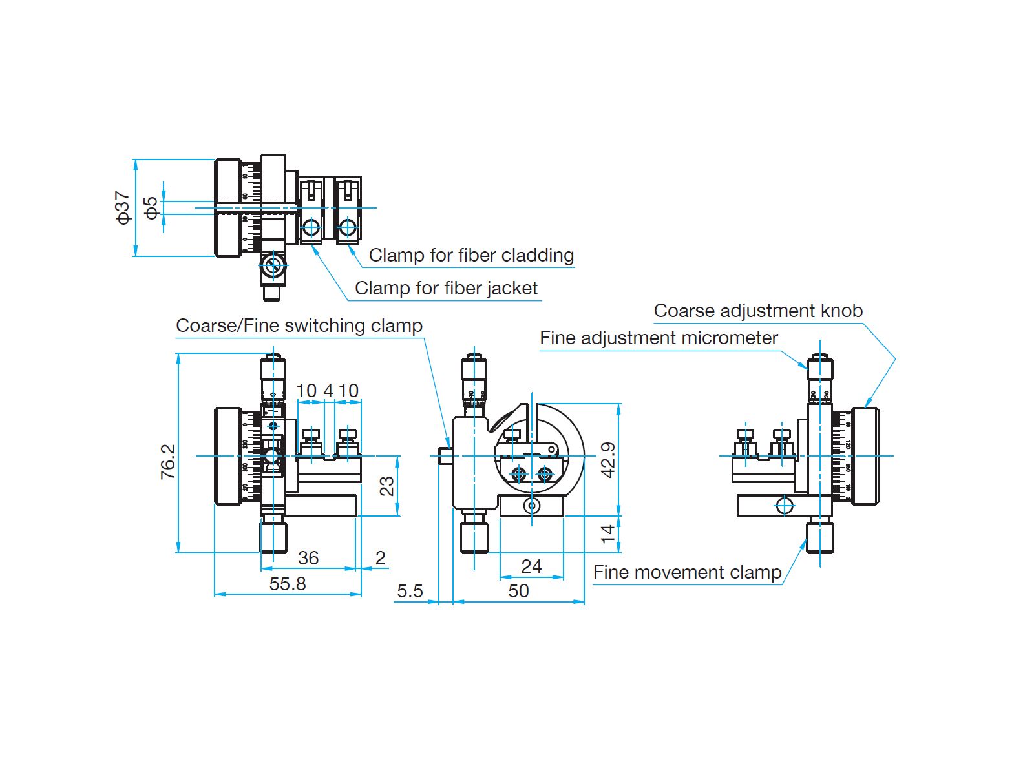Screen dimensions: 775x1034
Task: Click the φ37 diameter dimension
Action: (x=123, y=207)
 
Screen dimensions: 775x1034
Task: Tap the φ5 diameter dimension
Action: (x=151, y=207)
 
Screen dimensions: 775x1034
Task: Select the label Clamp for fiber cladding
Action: (x=471, y=255)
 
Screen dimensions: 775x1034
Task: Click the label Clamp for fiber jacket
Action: (x=446, y=288)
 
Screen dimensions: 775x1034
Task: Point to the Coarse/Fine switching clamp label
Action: (x=299, y=325)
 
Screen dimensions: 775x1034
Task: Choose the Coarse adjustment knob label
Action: (x=758, y=311)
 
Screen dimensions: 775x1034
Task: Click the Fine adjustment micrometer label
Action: (x=659, y=338)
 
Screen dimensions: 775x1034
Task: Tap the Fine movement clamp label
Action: (x=687, y=572)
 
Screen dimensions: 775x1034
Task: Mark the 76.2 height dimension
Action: (x=168, y=461)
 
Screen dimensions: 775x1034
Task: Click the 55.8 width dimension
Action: (x=288, y=584)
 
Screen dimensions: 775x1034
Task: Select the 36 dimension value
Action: (x=308, y=558)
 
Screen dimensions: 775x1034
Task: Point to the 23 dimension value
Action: (x=386, y=486)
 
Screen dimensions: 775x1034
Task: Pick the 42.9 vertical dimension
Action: (x=608, y=460)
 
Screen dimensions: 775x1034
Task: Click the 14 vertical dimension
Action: (x=608, y=533)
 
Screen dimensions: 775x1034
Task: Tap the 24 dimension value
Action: (x=531, y=566)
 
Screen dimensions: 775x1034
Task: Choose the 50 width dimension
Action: (x=518, y=591)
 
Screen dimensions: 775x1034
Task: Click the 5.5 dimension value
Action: (x=410, y=591)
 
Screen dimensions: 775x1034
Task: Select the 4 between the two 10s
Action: (x=328, y=391)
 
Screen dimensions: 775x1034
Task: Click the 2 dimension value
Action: (x=381, y=558)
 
